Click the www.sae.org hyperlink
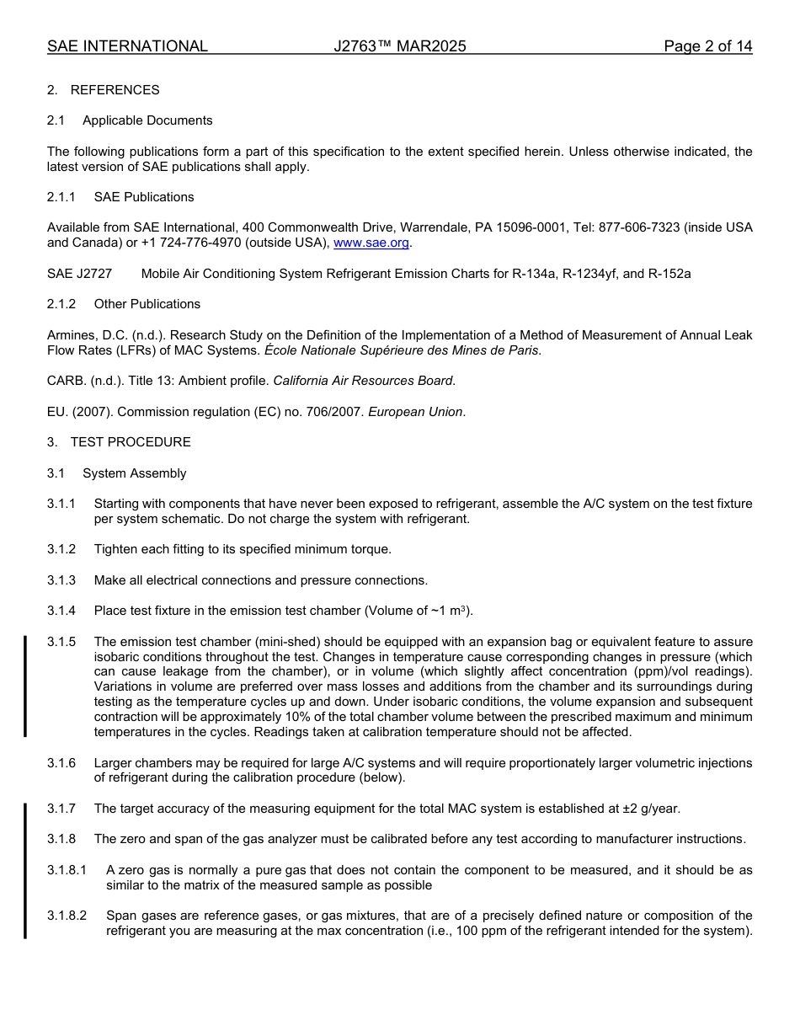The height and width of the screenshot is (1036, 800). pyautogui.click(x=371, y=243)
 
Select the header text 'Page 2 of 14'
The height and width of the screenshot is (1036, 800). pyautogui.click(x=707, y=46)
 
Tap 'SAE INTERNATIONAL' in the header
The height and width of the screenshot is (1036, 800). pyautogui.click(x=127, y=46)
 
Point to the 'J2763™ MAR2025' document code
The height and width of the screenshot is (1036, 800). pyautogui.click(x=400, y=46)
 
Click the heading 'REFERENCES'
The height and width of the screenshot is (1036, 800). pyautogui.click(x=115, y=90)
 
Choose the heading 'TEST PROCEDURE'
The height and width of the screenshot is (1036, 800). pyautogui.click(x=131, y=442)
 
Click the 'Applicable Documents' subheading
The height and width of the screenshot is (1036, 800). pyautogui.click(x=147, y=120)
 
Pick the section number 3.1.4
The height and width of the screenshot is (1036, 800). pyautogui.click(x=61, y=611)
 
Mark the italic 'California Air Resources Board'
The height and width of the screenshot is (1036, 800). pyautogui.click(x=363, y=381)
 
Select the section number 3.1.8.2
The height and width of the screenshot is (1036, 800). pyautogui.click(x=67, y=916)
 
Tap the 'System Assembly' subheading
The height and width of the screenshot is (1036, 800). pyautogui.click(x=135, y=473)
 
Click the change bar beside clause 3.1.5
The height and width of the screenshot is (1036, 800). pyautogui.click(x=25, y=686)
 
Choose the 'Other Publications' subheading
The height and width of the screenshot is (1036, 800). pyautogui.click(x=147, y=304)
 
